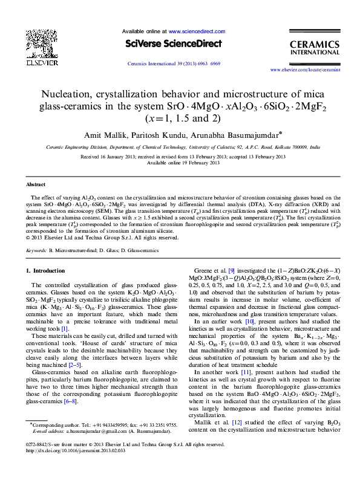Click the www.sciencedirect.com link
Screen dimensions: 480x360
[x=197, y=31]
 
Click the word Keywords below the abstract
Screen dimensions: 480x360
[x=37, y=249]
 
